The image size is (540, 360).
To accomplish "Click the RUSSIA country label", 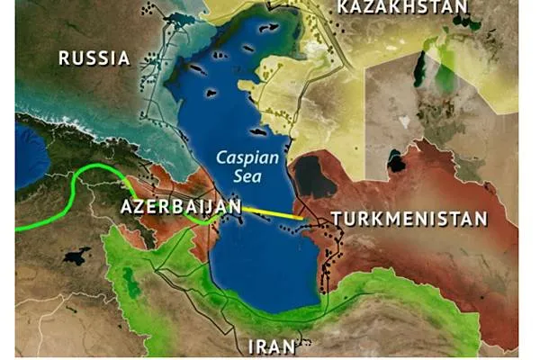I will tap(94, 58).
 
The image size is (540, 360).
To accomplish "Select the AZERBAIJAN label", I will tap(180, 207).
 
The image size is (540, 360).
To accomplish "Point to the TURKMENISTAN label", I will tap(409, 218).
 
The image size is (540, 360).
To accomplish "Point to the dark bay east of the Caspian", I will tap(315, 175).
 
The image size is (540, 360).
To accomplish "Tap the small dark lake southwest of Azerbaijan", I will tap(77, 256).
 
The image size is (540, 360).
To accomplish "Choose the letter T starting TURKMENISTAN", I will tap(337, 218).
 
